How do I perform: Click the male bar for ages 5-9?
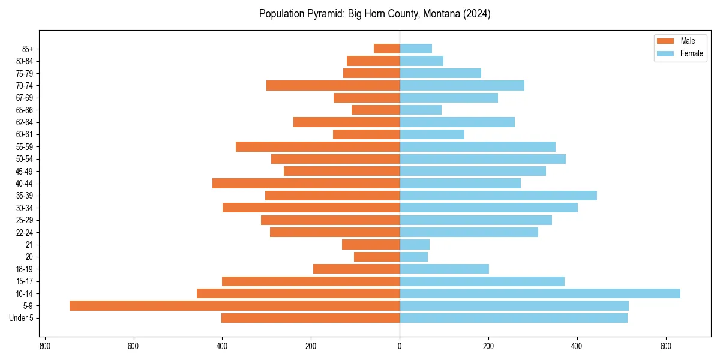pos(234,305)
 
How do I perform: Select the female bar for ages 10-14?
pos(540,293)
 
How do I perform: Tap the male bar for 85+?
pos(386,49)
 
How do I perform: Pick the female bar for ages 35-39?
pos(498,196)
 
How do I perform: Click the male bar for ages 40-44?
pos(306,183)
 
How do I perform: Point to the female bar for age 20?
pos(414,257)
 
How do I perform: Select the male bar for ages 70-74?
pos(333,85)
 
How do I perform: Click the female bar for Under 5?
pos(514,318)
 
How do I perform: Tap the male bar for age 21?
pos(371,244)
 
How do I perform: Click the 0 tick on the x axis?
pos(400,346)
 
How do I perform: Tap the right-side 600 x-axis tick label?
pos(666,346)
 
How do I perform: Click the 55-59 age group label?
pos(25,146)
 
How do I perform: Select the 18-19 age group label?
pos(25,269)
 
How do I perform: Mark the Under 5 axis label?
pos(21,318)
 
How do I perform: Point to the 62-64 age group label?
pos(25,122)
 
